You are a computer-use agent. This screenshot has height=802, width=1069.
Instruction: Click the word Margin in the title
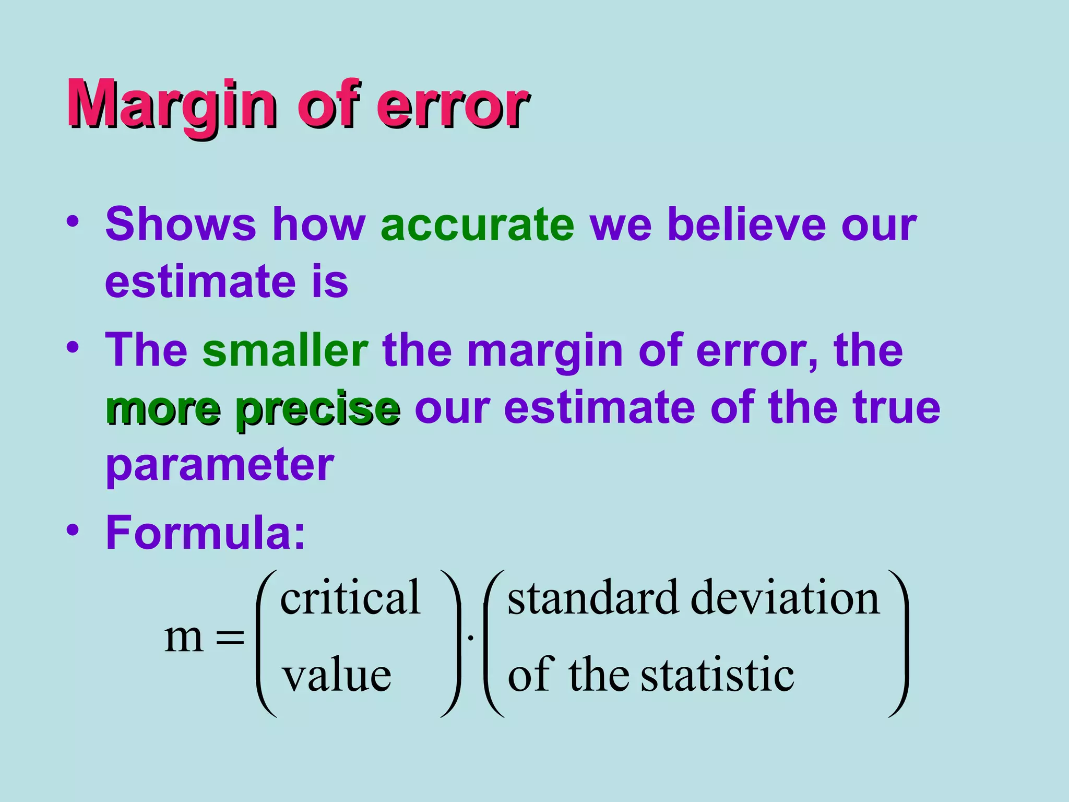click(172, 104)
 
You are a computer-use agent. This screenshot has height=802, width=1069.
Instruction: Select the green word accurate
click(478, 225)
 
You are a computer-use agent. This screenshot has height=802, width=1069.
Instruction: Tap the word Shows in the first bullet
click(181, 225)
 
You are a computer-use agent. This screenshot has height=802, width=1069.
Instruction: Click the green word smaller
click(285, 350)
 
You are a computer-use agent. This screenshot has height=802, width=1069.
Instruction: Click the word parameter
click(219, 465)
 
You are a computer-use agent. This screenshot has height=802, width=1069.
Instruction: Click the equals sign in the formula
click(230, 638)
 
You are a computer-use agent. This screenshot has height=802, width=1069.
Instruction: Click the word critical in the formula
click(350, 598)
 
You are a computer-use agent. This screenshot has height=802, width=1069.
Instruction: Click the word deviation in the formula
click(785, 598)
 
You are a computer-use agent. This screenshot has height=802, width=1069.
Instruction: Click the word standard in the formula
click(593, 598)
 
